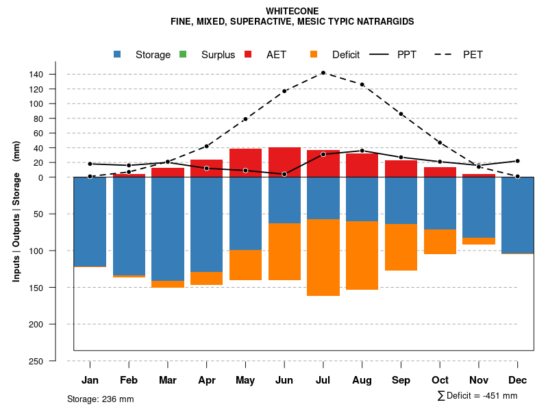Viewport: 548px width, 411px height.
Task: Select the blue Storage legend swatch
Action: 117,55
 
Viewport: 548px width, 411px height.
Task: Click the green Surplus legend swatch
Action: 183,55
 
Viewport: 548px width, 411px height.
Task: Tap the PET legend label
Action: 473,55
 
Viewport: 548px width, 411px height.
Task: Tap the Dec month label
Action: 517,380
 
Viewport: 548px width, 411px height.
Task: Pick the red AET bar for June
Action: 284,162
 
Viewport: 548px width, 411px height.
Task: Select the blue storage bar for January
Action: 90,222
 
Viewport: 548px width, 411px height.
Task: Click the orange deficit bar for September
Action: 401,247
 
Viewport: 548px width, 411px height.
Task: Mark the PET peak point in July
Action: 323,73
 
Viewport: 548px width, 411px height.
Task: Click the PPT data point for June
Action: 284,174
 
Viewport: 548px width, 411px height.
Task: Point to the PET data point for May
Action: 245,119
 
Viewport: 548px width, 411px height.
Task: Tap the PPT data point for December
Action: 517,161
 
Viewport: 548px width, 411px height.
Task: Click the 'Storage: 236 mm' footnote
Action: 100,399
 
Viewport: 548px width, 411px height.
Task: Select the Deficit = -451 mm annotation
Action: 477,396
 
